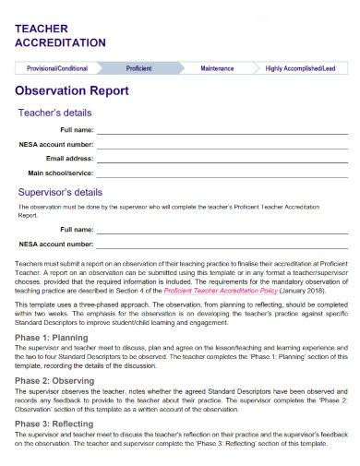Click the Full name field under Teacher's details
(222, 131)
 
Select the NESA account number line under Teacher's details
(222, 145)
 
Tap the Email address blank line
(222, 159)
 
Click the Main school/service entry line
(222, 173)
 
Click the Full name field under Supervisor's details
(222, 230)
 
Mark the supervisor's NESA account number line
(222, 245)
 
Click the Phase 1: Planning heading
(52, 338)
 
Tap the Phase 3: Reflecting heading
(55, 423)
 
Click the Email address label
(70, 159)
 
